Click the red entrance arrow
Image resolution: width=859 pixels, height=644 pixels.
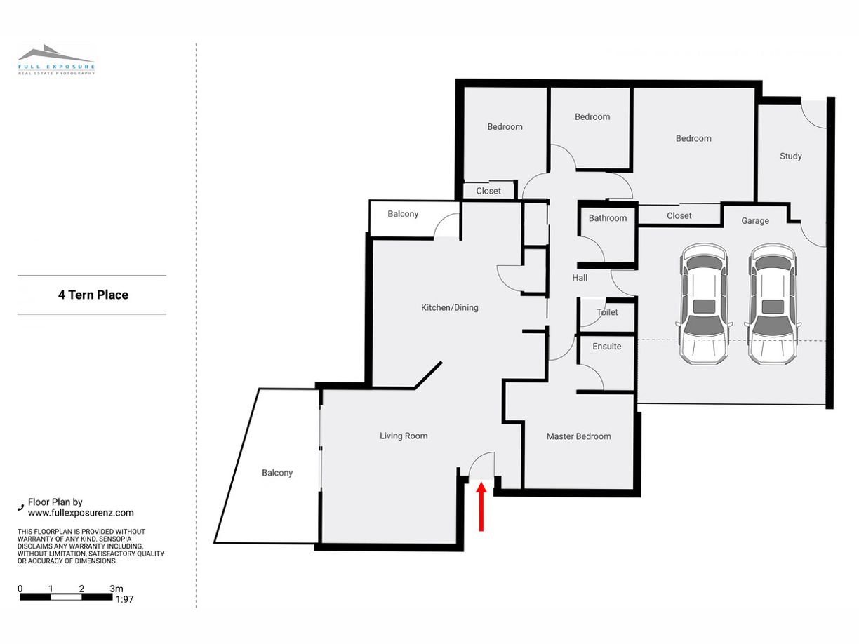pos(481,507)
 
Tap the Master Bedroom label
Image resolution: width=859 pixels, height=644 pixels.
pos(579,436)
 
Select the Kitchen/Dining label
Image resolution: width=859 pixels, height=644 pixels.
pos(450,308)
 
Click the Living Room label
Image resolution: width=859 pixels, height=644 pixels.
pos(404,436)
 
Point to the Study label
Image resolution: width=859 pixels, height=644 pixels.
pos(790,156)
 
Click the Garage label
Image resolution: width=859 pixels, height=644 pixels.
pos(755,221)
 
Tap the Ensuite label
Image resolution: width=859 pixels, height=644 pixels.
pos(606,347)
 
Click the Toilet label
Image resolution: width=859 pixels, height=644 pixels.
pos(607,312)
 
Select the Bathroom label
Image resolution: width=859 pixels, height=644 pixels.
pos(608,218)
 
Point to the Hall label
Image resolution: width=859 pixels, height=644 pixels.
pos(580,278)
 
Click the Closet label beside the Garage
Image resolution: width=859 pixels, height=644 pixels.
pos(679,216)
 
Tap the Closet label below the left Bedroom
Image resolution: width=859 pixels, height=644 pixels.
pos(488,191)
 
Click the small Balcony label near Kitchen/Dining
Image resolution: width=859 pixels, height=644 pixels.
pos(403,214)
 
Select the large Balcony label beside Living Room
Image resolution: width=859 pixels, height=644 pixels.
pos(277,473)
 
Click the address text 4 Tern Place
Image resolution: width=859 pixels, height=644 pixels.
pos(93,295)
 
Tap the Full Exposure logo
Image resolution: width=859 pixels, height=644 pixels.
pos(56,60)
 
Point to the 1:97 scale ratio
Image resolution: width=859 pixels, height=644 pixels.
pos(125,599)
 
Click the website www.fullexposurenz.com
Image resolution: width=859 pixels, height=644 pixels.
pos(81,513)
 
